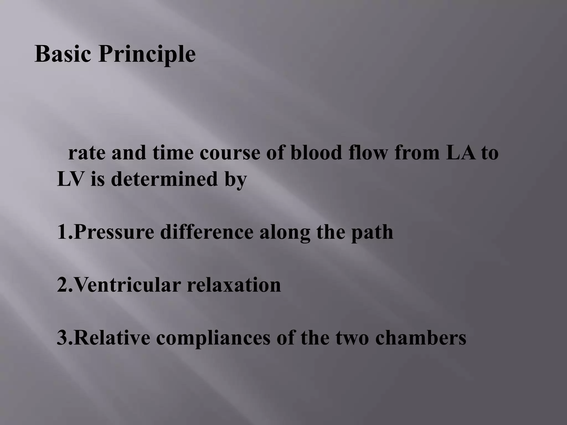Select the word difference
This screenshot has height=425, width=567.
pos(206,232)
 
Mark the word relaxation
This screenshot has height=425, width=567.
pos(234,285)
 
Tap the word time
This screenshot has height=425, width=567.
pos(173,153)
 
